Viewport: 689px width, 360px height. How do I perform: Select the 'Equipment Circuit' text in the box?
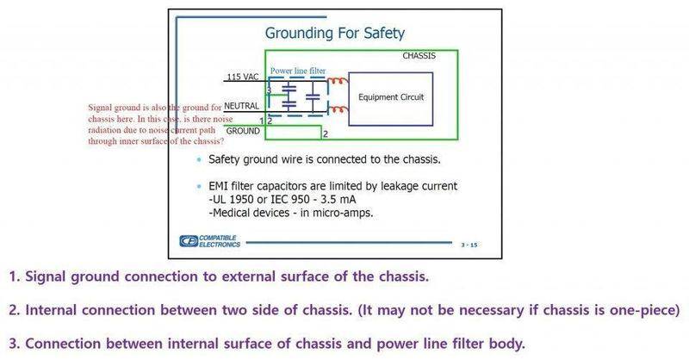pyautogui.click(x=391, y=97)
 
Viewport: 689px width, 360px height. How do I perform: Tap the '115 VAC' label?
pyautogui.click(x=242, y=78)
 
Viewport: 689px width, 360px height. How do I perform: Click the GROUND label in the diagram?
pyautogui.click(x=243, y=130)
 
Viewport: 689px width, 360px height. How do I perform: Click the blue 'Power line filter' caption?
pyautogui.click(x=297, y=71)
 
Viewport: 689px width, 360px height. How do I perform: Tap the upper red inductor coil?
pyautogui.click(x=338, y=84)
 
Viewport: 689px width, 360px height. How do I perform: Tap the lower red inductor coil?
pyautogui.click(x=338, y=109)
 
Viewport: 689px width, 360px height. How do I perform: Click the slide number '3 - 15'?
pyautogui.click(x=469, y=245)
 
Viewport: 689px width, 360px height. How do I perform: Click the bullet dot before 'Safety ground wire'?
pyautogui.click(x=200, y=161)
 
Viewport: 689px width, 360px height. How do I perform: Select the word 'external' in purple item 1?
pyautogui.click(x=257, y=277)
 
